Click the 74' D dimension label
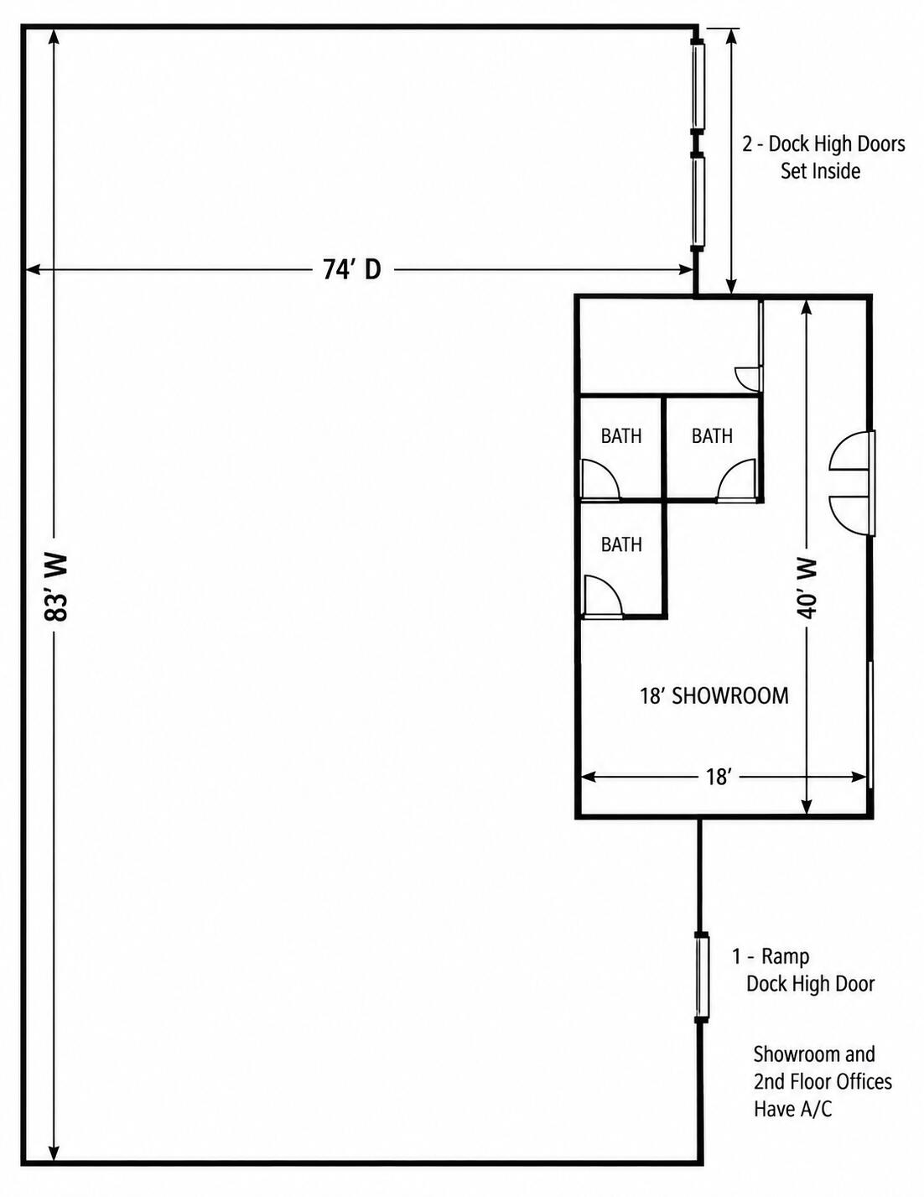click(351, 270)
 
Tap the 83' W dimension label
click(56, 588)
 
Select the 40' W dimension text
click(807, 588)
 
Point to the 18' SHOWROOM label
click(714, 695)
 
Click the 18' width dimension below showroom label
click(718, 778)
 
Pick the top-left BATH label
click(621, 436)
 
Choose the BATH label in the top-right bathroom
click(712, 436)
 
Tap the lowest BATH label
click(621, 544)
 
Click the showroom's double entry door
click(853, 483)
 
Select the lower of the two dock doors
click(698, 201)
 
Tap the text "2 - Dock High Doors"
click(823, 144)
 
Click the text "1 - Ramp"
click(771, 957)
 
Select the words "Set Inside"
click(820, 171)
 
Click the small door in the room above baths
click(747, 377)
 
